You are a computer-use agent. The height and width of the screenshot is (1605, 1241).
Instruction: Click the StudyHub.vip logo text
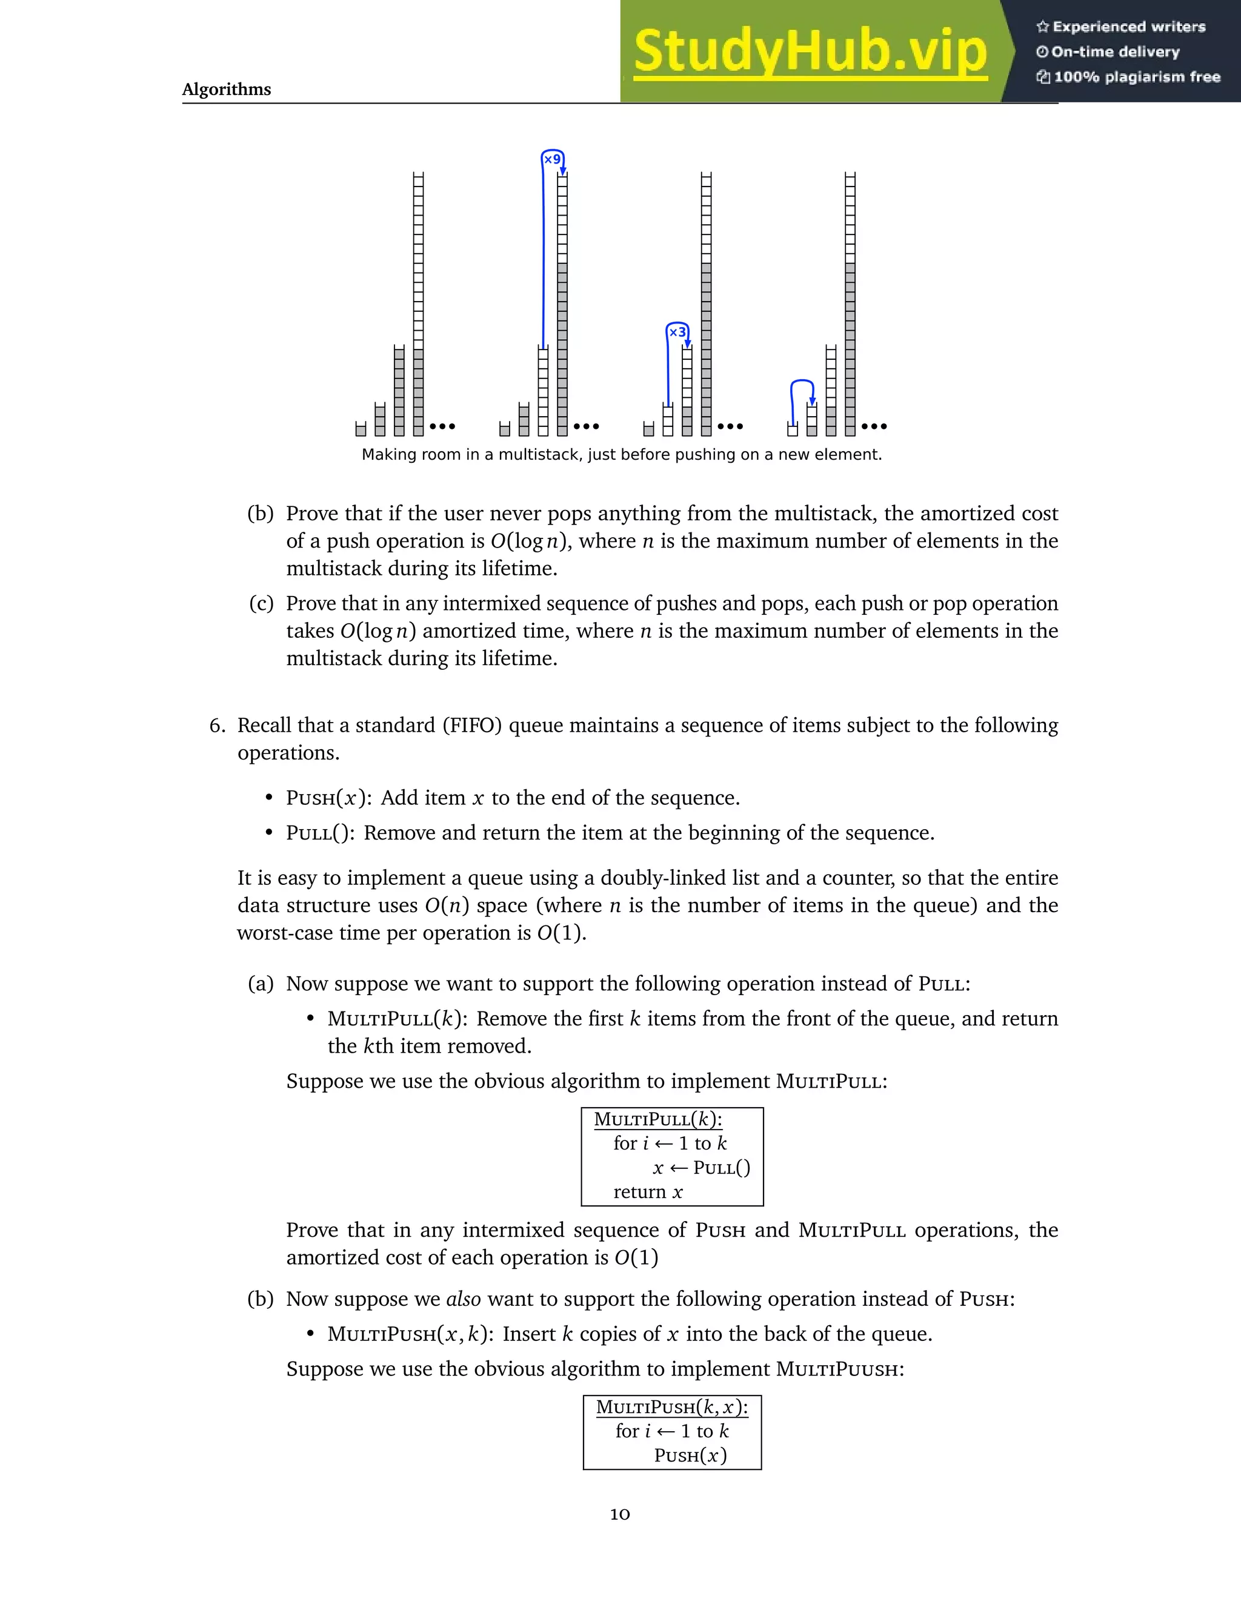tap(810, 51)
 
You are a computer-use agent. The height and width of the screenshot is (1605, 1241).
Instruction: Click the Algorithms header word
tap(227, 89)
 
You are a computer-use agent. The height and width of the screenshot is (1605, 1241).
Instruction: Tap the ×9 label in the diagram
tap(552, 159)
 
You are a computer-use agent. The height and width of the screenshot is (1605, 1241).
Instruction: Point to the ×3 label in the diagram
tap(677, 332)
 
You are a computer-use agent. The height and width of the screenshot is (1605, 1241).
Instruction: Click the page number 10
tap(620, 1514)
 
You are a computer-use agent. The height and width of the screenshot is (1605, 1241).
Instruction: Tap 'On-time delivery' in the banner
tap(1116, 52)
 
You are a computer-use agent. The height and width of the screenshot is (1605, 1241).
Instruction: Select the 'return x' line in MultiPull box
tap(648, 1192)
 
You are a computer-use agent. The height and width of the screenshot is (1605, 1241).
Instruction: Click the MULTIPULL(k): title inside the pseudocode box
tap(658, 1119)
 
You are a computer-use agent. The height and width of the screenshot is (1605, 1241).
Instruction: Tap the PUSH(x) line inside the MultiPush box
tap(690, 1456)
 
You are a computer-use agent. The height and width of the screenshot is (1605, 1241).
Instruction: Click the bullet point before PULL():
tap(269, 833)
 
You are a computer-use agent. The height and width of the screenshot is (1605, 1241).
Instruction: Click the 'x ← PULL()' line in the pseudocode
tap(701, 1168)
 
